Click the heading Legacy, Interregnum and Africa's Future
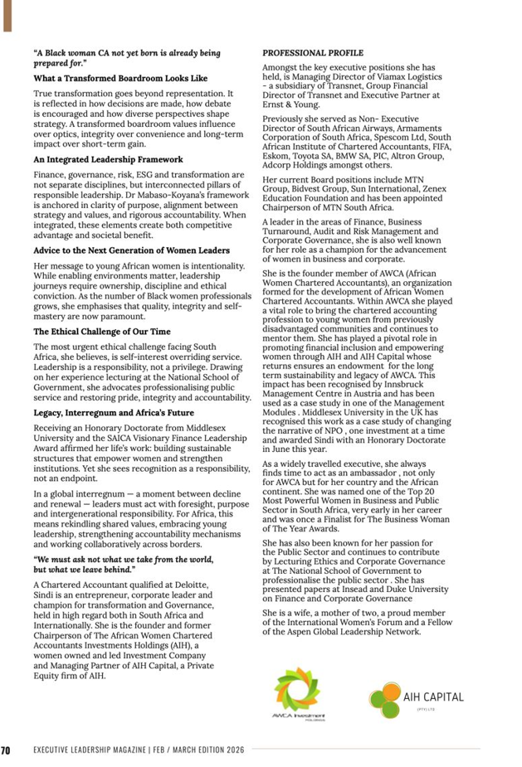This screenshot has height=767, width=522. [x=114, y=412]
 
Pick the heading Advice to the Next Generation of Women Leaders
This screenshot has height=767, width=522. [x=133, y=249]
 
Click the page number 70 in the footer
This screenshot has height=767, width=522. [x=6, y=750]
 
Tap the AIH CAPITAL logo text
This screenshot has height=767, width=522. [x=433, y=697]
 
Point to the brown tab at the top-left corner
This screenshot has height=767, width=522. [x=7, y=16]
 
